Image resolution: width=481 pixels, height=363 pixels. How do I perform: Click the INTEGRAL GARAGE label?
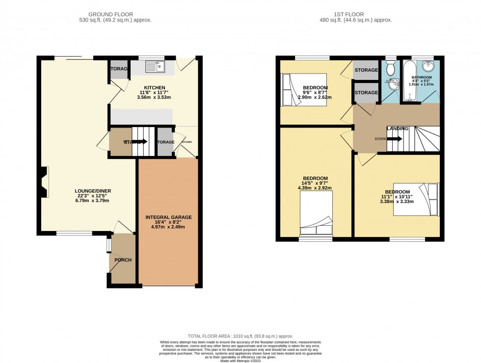coord(168,217)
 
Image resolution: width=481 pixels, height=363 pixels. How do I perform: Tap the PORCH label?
coord(123,260)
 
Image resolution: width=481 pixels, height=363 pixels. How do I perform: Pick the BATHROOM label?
coord(422,78)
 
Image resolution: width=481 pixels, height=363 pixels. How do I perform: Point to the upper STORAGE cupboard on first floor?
coord(366,70)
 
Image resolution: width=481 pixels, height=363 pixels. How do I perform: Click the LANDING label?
coord(398,129)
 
